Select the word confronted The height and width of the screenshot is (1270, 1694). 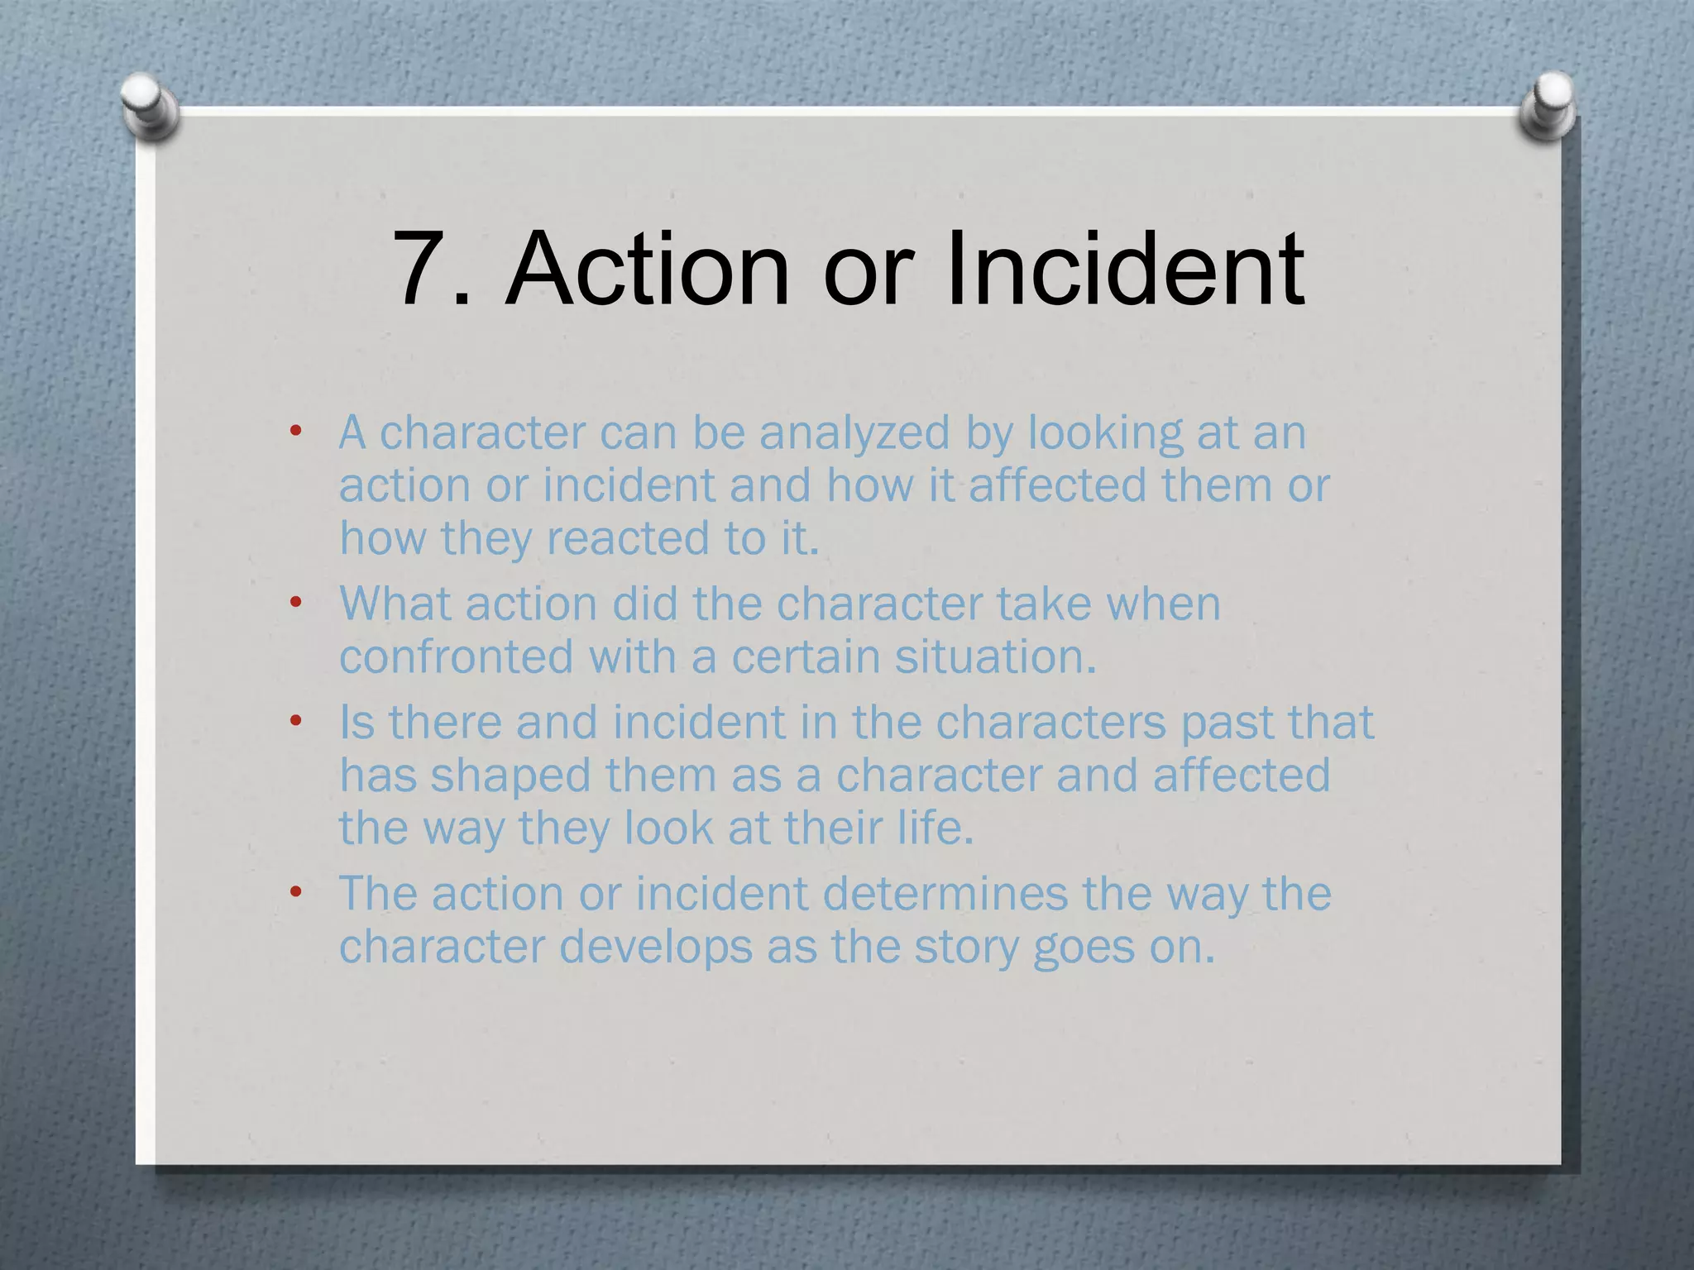click(456, 657)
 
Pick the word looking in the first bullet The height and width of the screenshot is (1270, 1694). click(1105, 433)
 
